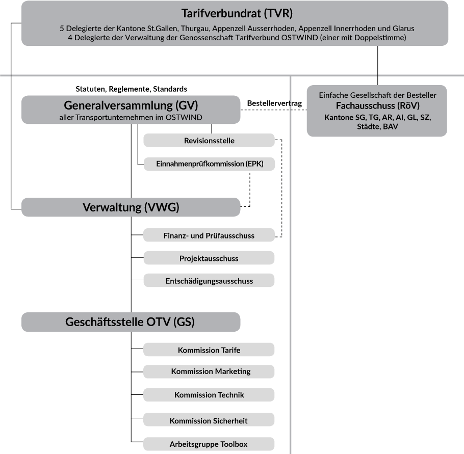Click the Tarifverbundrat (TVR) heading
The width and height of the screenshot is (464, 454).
click(237, 13)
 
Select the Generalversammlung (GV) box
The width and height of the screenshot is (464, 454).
click(131, 110)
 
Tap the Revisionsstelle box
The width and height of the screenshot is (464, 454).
click(209, 141)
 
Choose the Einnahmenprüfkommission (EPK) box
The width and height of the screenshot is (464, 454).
click(209, 164)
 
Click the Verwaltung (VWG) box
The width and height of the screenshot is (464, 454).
click(131, 207)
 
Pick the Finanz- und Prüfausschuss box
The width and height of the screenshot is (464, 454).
click(209, 235)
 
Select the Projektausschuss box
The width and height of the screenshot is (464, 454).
click(209, 258)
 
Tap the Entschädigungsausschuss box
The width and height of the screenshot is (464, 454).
click(209, 281)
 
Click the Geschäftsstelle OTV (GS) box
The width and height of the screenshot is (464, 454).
click(131, 322)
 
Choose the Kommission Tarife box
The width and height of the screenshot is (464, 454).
click(209, 350)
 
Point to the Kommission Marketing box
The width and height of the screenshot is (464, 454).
click(209, 371)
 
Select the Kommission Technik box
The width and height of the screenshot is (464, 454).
click(209, 395)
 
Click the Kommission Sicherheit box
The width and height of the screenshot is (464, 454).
click(209, 420)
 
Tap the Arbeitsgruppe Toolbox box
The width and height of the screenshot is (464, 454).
click(209, 444)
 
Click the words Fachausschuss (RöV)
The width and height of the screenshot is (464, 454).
click(377, 106)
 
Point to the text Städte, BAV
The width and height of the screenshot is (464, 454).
click(377, 126)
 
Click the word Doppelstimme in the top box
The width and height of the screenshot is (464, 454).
click(382, 38)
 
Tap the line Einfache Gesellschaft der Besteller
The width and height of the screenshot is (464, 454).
click(377, 95)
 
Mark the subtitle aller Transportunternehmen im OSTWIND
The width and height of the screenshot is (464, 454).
click(131, 118)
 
